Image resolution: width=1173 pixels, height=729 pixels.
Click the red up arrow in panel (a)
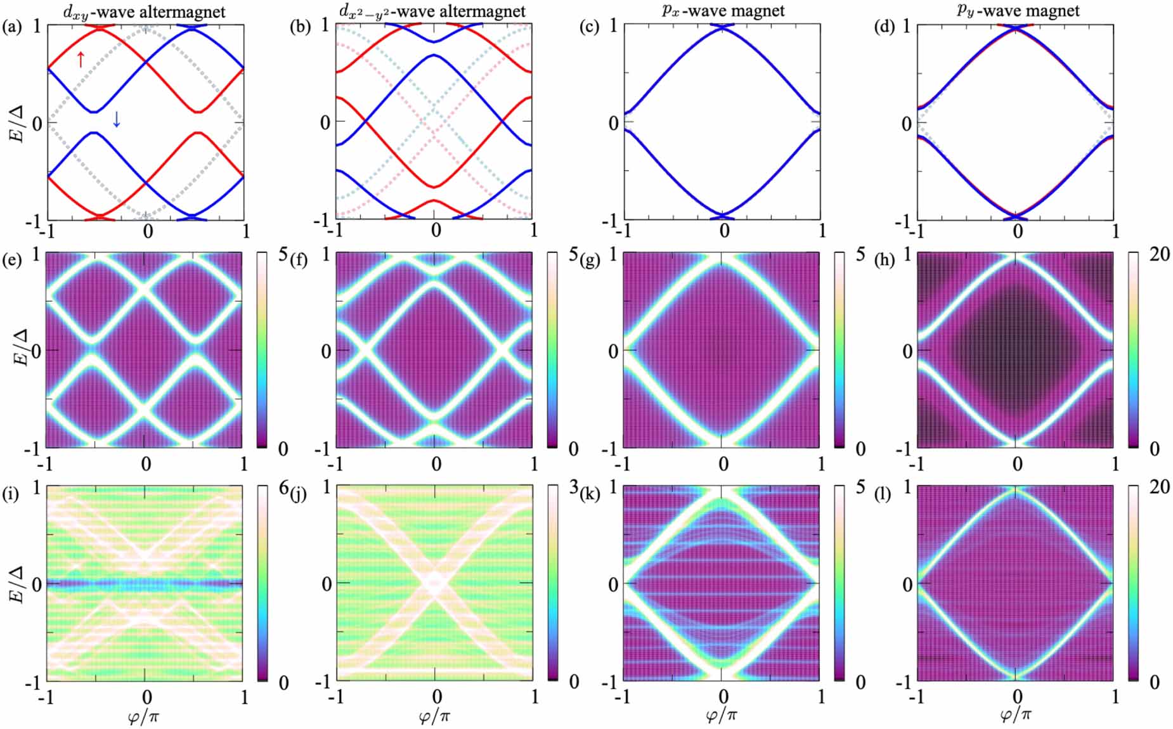tap(81, 60)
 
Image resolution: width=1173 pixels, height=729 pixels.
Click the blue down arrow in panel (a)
tap(116, 119)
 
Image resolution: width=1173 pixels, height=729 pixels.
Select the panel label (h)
tap(885, 260)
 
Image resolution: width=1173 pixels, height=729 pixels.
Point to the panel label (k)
tap(590, 494)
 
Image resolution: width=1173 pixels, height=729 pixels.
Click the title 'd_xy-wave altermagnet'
tap(145, 11)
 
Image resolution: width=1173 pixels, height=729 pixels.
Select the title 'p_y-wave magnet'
tap(1018, 11)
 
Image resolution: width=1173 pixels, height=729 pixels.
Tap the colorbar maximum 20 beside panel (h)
tap(1159, 254)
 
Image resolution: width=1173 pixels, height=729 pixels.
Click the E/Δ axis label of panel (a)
tap(18, 124)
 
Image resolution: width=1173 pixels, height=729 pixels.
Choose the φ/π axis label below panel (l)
tap(1016, 716)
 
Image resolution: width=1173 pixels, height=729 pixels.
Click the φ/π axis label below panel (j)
tap(435, 716)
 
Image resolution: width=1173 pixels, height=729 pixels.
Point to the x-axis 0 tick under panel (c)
tap(724, 230)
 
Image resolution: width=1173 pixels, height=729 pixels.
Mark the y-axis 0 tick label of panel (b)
tap(325, 122)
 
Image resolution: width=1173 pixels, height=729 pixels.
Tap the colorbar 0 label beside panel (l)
tap(1154, 682)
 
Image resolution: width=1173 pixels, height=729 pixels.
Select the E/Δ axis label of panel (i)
tap(18, 584)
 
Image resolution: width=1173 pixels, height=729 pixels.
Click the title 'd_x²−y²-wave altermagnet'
tap(432, 11)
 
